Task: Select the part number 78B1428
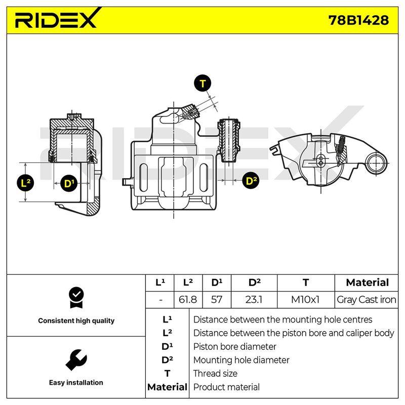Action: click(x=358, y=20)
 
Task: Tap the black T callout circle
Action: click(x=202, y=84)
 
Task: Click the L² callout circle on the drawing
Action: click(x=25, y=183)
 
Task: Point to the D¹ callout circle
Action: click(x=68, y=183)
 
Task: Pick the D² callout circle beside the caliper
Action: click(x=251, y=181)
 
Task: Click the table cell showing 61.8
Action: click(x=188, y=300)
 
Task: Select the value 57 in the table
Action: click(x=217, y=300)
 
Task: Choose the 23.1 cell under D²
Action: click(x=254, y=300)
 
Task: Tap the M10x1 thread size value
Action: click(x=305, y=300)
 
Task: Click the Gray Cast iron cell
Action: click(x=366, y=300)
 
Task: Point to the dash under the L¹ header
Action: click(x=160, y=300)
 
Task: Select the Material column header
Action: click(x=368, y=282)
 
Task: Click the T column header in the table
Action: click(x=306, y=282)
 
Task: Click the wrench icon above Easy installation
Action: click(x=76, y=360)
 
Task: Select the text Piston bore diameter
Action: click(x=234, y=346)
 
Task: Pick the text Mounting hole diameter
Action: click(x=241, y=360)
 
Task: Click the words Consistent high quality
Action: click(x=76, y=320)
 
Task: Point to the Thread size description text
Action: click(x=215, y=373)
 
